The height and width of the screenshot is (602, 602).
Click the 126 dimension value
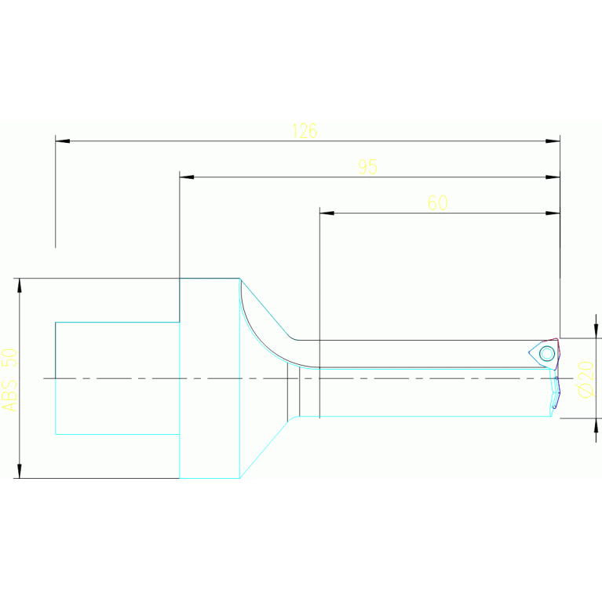coord(304,131)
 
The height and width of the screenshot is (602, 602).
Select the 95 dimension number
coord(367,167)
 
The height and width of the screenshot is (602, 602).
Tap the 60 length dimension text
coord(437,202)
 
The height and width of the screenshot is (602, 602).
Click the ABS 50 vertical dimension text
coord(9,379)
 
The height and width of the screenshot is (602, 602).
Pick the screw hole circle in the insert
coord(547,353)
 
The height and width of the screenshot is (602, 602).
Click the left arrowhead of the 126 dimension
coord(62,141)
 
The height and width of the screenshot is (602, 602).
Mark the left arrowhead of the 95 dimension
coord(187,177)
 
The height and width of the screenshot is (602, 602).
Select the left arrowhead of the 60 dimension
coord(327,213)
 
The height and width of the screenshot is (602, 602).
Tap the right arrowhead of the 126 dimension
coord(553,141)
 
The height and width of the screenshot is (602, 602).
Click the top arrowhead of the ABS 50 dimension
coord(20,285)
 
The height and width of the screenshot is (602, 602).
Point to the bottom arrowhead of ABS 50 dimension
coord(20,470)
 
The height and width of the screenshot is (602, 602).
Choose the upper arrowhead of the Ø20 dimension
coord(596,331)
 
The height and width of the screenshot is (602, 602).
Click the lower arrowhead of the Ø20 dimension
coord(596,425)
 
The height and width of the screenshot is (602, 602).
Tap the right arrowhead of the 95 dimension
coord(553,177)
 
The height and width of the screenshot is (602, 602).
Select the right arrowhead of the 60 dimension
coord(553,213)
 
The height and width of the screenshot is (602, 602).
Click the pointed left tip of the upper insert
coord(530,353)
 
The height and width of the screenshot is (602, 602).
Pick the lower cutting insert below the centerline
coord(554,393)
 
